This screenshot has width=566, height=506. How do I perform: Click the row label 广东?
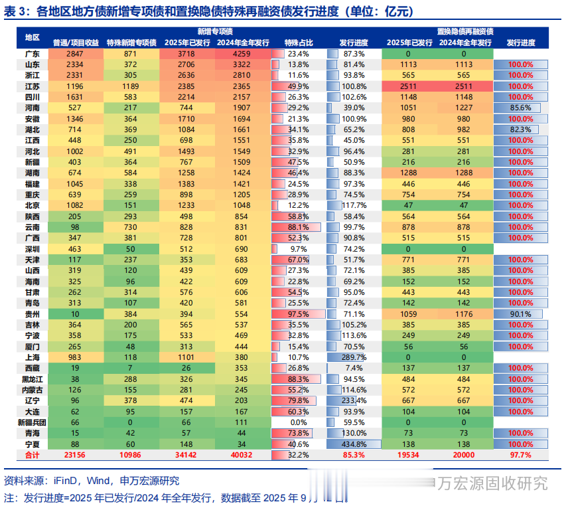coord(32,53)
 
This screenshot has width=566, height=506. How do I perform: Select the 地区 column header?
coord(32,37)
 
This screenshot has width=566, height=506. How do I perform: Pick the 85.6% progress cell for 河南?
coord(522,108)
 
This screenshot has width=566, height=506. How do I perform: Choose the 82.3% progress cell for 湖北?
coord(522,129)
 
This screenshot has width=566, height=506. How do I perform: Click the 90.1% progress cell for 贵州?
coord(522,313)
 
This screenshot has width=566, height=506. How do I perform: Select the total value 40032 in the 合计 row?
coord(244,455)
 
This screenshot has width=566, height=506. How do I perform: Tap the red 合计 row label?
coord(32,455)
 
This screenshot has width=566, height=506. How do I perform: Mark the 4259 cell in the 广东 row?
coord(244,53)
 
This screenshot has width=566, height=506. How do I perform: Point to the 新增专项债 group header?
coord(215,32)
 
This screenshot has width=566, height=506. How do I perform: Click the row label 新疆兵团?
coord(32,422)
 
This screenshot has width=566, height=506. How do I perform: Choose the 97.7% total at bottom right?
coord(521,455)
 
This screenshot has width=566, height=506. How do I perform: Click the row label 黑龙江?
coord(32,379)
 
